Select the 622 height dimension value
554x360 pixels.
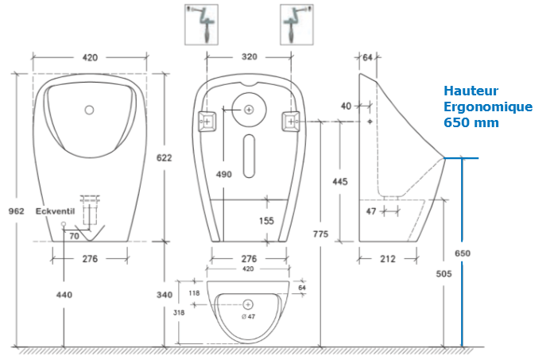(165, 157)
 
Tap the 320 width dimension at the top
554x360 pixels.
(250, 57)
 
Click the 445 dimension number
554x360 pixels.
(340, 181)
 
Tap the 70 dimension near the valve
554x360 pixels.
(73, 236)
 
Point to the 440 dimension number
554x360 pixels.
(64, 295)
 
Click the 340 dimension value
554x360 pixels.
(165, 295)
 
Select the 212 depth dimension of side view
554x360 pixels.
(388, 258)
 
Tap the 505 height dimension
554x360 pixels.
(444, 273)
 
